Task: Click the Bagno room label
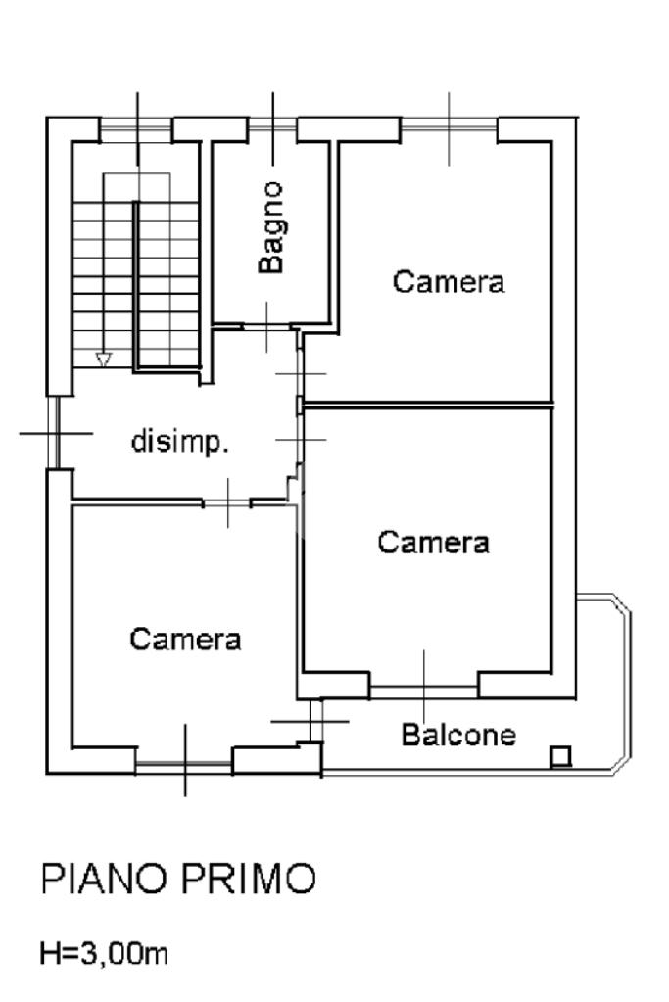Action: pos(271,227)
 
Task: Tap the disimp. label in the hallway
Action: pos(179,442)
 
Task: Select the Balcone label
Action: pos(458,735)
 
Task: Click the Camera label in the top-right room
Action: pos(448,282)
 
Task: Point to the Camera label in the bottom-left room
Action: pos(185,639)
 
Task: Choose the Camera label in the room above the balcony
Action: pos(433,542)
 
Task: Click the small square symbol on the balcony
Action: pos(560,756)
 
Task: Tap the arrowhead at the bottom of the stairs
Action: pos(104,359)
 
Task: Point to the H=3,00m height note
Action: pos(104,953)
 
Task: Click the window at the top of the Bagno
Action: pos(273,128)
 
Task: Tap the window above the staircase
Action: pos(137,128)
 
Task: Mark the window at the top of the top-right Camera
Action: pos(449,128)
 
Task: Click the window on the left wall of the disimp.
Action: pos(54,433)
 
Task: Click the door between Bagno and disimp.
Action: pos(267,327)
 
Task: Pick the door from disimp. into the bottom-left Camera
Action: pos(227,503)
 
